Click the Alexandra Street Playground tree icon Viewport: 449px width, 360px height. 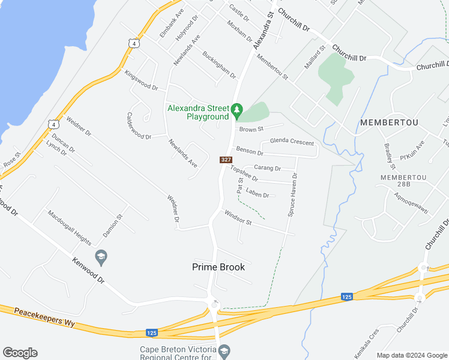[x=237, y=109]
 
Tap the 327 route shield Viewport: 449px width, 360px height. [x=226, y=160]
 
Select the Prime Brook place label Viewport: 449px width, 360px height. [x=218, y=267]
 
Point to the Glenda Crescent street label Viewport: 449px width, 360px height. [x=292, y=142]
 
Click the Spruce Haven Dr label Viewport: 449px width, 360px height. [x=292, y=194]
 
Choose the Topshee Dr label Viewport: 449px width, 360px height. [x=244, y=174]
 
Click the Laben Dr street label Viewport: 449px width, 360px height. [x=258, y=194]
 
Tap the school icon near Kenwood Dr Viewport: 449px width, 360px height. [x=101, y=257]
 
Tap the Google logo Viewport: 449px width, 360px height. [x=20, y=353]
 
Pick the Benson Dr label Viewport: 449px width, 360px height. [x=250, y=152]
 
